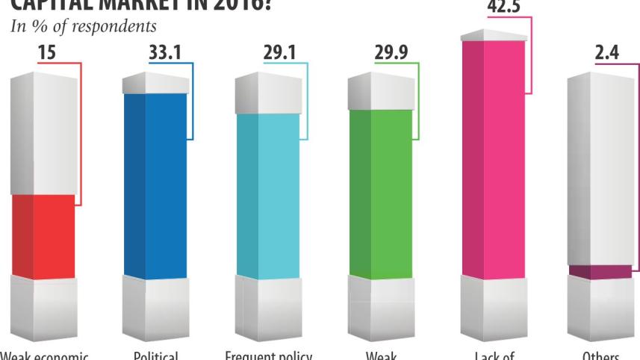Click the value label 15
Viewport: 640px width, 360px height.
pyautogui.click(x=46, y=54)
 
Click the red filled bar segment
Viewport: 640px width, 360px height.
pyautogui.click(x=43, y=236)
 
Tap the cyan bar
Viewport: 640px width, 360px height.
pyautogui.click(x=267, y=194)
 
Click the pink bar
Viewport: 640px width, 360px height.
pyautogui.click(x=493, y=157)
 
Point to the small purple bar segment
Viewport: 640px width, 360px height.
pyautogui.click(x=599, y=272)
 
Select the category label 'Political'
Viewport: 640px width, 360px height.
pyautogui.click(x=155, y=354)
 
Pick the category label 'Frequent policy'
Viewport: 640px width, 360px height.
pyautogui.click(x=267, y=354)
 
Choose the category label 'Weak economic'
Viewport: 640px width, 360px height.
pyautogui.click(x=45, y=354)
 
